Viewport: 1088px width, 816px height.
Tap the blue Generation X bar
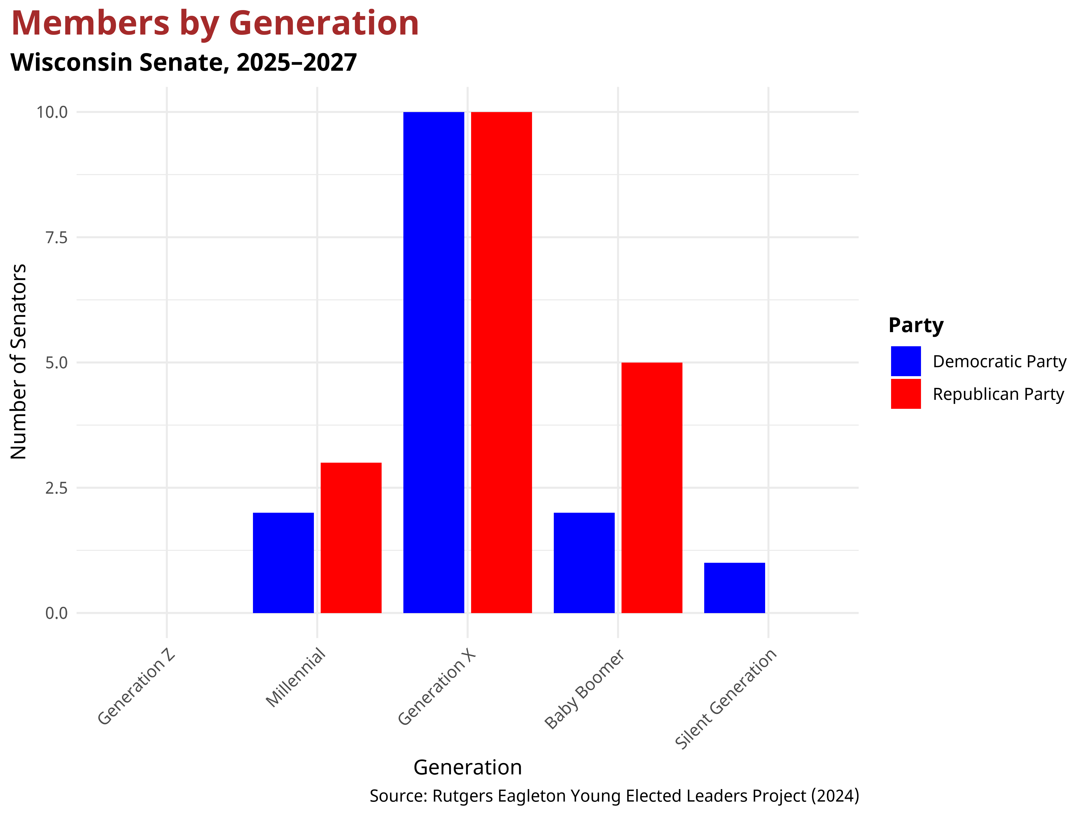coord(433,363)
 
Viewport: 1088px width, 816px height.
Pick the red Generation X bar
coord(501,363)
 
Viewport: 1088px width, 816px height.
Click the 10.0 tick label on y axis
coord(52,112)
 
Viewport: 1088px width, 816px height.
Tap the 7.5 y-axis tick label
coord(56,237)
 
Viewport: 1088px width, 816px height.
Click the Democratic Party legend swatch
coord(905,361)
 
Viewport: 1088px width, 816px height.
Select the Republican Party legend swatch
coord(905,394)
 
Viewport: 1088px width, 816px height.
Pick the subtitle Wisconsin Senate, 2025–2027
coord(184,63)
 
